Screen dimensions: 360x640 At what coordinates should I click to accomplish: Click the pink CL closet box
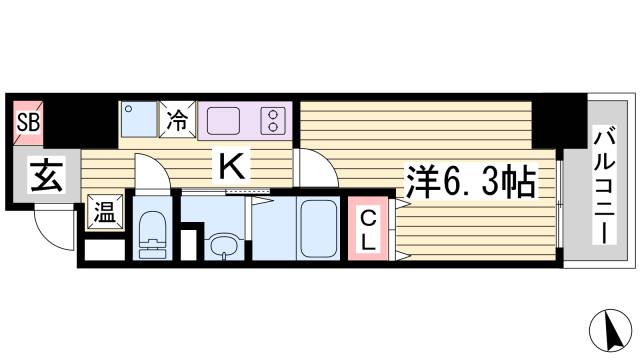click(x=368, y=231)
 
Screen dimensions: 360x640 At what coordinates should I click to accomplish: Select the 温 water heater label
click(x=103, y=211)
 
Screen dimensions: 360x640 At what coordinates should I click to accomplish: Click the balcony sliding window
click(x=560, y=200)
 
